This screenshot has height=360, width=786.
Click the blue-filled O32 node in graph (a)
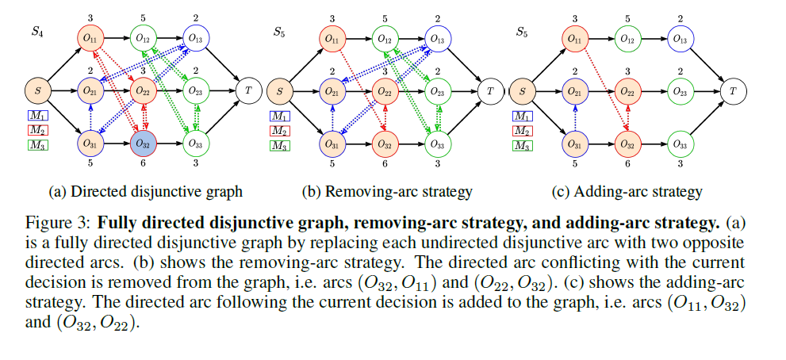(x=144, y=144)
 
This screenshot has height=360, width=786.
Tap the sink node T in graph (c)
(x=732, y=91)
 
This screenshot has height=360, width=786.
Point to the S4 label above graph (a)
(x=36, y=33)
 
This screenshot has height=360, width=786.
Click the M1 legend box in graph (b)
(x=279, y=117)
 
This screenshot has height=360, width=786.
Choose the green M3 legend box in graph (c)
(x=521, y=145)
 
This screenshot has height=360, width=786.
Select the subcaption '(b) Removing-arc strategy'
(x=387, y=191)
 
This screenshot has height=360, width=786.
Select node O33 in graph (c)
(x=679, y=144)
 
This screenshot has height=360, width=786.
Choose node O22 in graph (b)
(x=385, y=91)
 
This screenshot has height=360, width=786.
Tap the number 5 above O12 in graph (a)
(x=144, y=17)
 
